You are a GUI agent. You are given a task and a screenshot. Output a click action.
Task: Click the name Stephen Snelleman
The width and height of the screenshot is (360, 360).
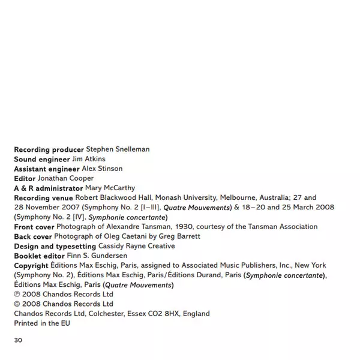(x=118, y=149)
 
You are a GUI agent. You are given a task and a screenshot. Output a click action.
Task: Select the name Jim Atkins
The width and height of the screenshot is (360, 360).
(x=88, y=158)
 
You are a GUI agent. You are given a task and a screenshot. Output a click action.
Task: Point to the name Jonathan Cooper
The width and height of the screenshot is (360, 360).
(x=65, y=178)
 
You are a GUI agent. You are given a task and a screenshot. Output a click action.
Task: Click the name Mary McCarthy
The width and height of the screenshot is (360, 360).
(x=110, y=188)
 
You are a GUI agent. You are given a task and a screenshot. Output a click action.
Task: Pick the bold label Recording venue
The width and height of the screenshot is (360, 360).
(x=44, y=197)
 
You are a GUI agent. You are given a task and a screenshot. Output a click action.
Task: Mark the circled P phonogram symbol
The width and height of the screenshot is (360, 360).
(x=17, y=295)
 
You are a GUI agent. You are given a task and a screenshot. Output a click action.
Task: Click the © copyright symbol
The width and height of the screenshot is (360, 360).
(x=17, y=304)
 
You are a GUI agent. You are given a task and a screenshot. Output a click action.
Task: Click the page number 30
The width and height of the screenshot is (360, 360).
(x=18, y=340)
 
